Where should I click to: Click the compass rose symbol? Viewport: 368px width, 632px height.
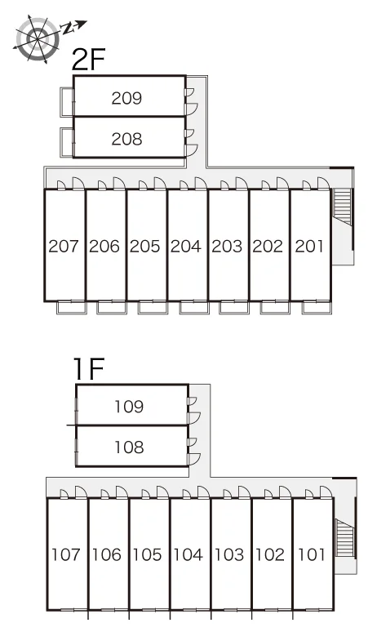tap(38, 38)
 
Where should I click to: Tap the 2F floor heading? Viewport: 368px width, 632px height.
tap(88, 60)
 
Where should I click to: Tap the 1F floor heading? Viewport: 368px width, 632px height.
tap(89, 369)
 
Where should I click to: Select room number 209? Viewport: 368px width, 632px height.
tap(126, 98)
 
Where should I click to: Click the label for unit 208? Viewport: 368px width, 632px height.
tap(126, 139)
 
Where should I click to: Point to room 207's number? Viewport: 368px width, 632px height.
tap(64, 246)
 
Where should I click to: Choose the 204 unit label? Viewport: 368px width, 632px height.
tap(185, 246)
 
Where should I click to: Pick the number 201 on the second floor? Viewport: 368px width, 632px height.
tap(309, 246)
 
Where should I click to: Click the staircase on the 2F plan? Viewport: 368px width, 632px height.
tap(341, 207)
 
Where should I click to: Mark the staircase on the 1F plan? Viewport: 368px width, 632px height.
tap(345, 538)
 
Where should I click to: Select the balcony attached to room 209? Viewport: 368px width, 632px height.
tap(67, 102)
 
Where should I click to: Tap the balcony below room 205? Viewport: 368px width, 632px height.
tap(153, 307)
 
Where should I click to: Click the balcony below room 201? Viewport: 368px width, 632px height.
tap(317, 307)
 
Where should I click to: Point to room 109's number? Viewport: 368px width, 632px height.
tap(129, 407)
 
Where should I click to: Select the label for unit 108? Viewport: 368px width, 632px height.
tap(129, 447)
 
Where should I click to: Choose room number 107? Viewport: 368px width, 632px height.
tap(66, 554)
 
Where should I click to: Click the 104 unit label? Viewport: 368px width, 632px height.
tap(188, 554)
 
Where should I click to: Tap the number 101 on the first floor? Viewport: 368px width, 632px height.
tap(311, 554)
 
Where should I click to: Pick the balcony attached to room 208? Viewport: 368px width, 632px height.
tap(67, 142)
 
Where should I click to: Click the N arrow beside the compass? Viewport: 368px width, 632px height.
tap(73, 27)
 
